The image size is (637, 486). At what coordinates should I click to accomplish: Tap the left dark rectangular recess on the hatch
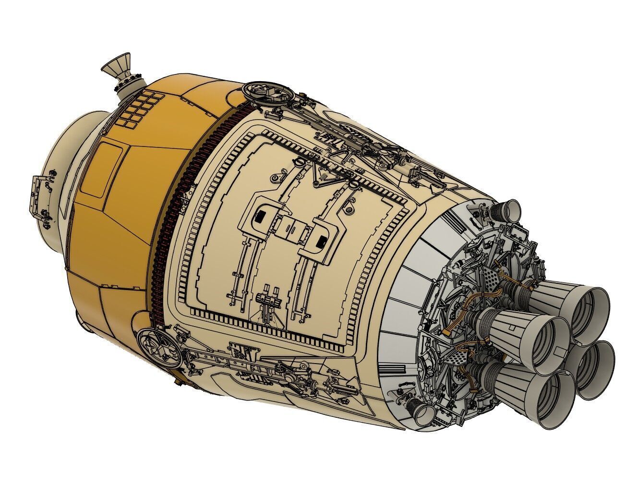[x=262, y=216]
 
